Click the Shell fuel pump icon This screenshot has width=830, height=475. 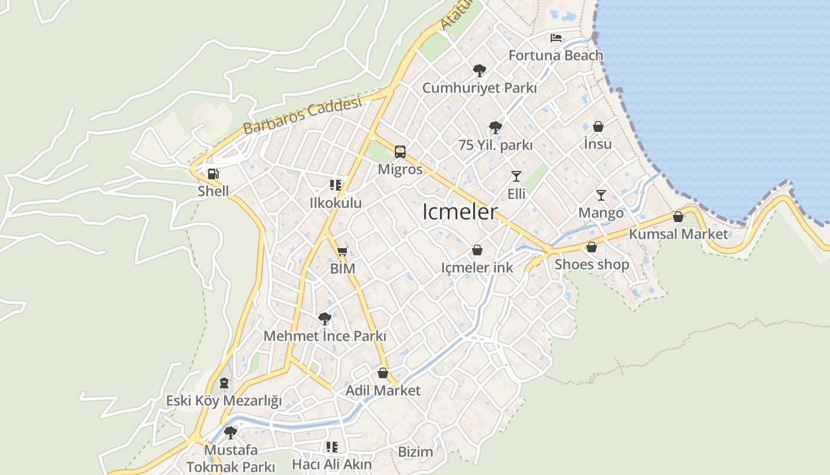[x=213, y=174]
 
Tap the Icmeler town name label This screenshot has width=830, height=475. [x=459, y=212]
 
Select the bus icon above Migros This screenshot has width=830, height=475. [x=400, y=152]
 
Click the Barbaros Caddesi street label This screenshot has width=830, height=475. [x=302, y=116]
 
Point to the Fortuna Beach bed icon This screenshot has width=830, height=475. [x=556, y=38]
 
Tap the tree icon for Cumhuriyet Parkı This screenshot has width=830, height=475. [x=479, y=71]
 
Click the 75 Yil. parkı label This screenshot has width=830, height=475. [x=496, y=145]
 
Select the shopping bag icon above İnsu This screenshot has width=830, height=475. [x=598, y=126]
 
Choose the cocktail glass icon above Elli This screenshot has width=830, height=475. [x=516, y=176]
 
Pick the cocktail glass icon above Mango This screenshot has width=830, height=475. [x=601, y=195]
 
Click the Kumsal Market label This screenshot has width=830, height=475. [x=678, y=234]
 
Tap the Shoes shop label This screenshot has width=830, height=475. [x=592, y=264]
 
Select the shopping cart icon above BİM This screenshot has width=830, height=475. [x=342, y=251]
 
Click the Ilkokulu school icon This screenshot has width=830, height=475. [x=336, y=185]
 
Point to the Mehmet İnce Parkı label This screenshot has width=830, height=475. [x=325, y=336]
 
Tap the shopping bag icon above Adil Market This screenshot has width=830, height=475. [x=383, y=373]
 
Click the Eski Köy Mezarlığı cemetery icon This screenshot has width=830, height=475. [x=224, y=383]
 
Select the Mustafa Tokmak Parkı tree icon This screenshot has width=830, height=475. [x=231, y=432]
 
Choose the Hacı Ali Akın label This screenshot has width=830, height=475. [x=332, y=464]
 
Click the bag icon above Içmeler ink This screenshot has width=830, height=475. [x=477, y=251]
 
